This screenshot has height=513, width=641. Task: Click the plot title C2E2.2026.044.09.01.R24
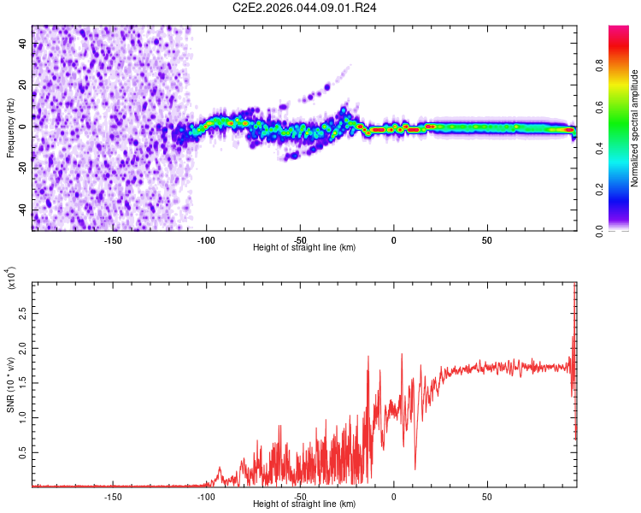coord(304,8)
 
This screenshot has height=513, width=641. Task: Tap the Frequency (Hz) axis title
coord(10,128)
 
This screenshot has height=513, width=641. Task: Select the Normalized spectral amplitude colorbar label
coord(634,128)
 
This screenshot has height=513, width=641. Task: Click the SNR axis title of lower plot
coord(10,385)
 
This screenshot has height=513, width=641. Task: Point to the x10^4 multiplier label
coord(10,278)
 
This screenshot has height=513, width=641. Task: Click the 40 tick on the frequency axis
coord(23,43)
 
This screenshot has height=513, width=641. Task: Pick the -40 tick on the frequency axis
coord(23,210)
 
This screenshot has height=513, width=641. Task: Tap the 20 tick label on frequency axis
coord(23,85)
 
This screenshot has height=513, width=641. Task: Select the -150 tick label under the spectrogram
coord(113,240)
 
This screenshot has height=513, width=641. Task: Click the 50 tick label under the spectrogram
coord(487,240)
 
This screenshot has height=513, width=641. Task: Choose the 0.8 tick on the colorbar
coord(599,66)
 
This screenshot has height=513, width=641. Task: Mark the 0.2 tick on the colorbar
coord(599,190)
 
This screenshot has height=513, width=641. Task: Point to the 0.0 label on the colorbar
coord(599,231)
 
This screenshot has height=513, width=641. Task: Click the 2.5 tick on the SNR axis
coord(23,314)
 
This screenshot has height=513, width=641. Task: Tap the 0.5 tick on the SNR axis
coord(23,453)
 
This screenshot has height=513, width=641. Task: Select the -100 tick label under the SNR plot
coord(206,497)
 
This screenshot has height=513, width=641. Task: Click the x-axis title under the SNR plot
coord(304,504)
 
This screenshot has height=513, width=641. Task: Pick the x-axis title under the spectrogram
coord(304,247)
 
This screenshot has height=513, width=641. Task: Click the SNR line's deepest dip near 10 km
coord(415,469)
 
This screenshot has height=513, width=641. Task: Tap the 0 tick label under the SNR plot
coord(393,497)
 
